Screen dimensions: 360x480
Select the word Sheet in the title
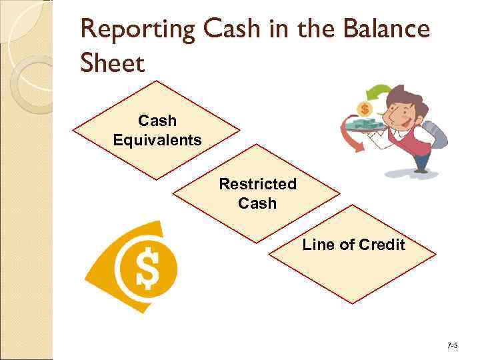coord(112,64)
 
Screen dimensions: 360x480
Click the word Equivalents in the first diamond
coord(157,140)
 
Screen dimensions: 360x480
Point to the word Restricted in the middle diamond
coord(257,184)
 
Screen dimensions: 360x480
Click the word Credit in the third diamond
coord(381,245)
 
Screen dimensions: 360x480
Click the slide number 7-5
coord(453,345)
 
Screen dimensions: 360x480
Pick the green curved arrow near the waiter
coord(379,93)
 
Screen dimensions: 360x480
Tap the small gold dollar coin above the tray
coord(364,108)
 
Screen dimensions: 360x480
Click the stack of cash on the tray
coord(363,124)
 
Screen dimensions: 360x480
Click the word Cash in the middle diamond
coord(257,203)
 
